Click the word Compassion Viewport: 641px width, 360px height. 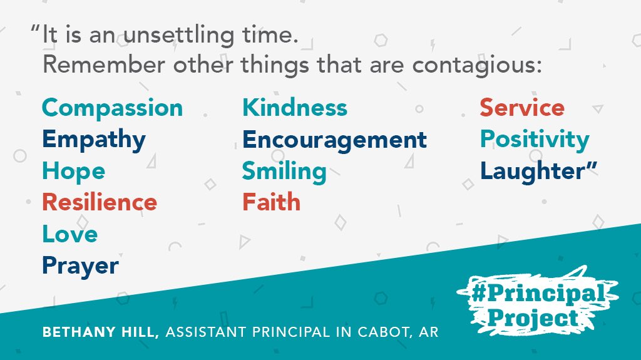[x=112, y=108]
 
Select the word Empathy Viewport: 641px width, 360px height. [x=93, y=140]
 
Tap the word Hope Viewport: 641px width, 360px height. [x=73, y=171]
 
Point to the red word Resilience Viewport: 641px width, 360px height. [x=99, y=202]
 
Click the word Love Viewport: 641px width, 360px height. [x=69, y=234]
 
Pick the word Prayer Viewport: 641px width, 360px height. [x=80, y=266]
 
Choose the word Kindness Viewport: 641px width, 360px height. [x=294, y=108]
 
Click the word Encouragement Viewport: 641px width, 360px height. [x=334, y=140]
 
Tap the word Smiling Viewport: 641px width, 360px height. [x=284, y=171]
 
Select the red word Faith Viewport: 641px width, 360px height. [x=271, y=202]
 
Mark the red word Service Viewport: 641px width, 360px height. [x=522, y=108]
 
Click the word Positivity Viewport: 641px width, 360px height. [x=534, y=140]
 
